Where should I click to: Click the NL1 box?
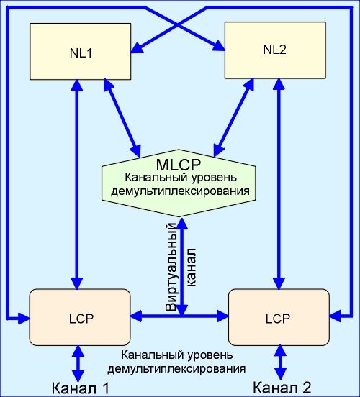coord(81,52)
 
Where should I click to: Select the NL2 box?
coord(275,50)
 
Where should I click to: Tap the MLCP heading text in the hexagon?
coord(179,165)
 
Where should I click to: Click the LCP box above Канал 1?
coord(80,317)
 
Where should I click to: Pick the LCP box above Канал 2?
coord(279,317)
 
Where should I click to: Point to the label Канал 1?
coord(81,388)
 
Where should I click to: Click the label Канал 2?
coord(282,387)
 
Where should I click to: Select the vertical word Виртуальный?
coord(171,267)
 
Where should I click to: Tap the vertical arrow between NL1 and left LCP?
coord(77,184)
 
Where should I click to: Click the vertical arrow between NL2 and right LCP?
coord(279,184)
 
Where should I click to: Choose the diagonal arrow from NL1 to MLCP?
coord(122,118)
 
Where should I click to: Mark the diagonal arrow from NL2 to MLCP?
coord(234,117)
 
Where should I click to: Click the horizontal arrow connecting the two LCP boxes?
coord(179,316)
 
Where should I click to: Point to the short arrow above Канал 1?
coord(78,363)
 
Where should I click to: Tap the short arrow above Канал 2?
coord(280,362)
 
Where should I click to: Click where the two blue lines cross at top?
coord(176,25)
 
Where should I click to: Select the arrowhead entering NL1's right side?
coord(136,47)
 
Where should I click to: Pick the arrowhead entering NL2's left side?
coord(219,45)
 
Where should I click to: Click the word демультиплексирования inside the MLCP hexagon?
coord(180,191)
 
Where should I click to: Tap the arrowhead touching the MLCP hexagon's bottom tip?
coord(182,223)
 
